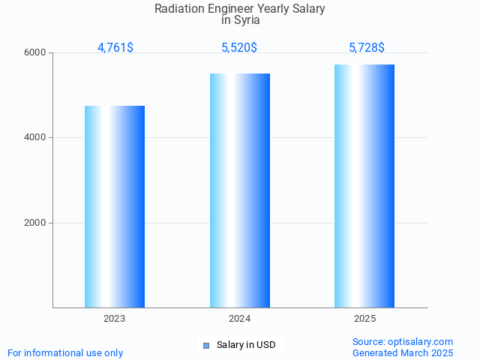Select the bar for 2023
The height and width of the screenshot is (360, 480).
[x=115, y=206]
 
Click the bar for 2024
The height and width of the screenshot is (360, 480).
[x=240, y=190]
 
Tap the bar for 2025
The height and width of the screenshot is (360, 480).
[x=364, y=186]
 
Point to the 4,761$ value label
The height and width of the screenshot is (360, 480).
[x=115, y=48]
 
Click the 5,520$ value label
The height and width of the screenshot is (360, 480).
[x=239, y=48]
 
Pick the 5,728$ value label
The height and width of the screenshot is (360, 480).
[x=367, y=48]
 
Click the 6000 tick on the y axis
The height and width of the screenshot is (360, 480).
[x=36, y=53]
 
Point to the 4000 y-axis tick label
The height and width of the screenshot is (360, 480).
[x=36, y=138]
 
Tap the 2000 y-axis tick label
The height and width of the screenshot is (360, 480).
[x=36, y=223]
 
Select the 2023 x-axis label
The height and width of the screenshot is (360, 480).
[x=115, y=319]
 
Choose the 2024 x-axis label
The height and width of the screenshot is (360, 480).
[x=240, y=319]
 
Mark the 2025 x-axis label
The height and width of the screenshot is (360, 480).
[x=365, y=319]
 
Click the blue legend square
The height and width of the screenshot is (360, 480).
[x=206, y=345]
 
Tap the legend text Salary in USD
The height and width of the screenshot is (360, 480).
[x=246, y=345]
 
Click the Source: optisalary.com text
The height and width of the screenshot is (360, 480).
[x=403, y=341]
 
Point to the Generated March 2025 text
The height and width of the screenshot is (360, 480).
[x=403, y=352]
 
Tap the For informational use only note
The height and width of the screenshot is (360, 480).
[x=65, y=352]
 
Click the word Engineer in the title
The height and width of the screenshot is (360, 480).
[x=232, y=9]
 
